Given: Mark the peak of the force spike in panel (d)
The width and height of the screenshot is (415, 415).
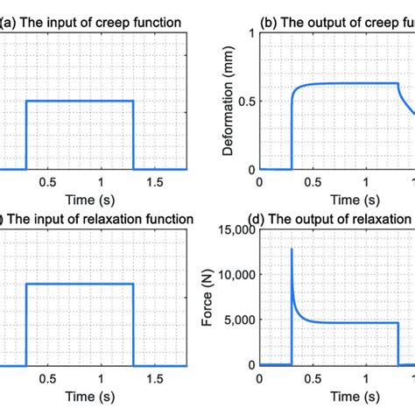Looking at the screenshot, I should [292, 250].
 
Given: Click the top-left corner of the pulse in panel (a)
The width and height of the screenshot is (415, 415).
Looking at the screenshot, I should [26, 101].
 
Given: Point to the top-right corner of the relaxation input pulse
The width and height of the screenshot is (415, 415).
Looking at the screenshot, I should [133, 284].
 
